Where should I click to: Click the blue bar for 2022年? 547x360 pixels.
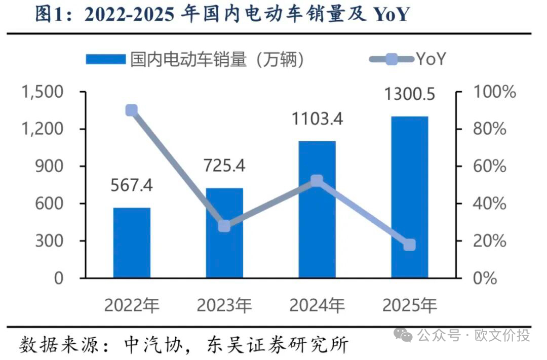pyautogui.click(x=132, y=243)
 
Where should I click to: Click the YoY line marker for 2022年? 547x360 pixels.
pyautogui.click(x=132, y=110)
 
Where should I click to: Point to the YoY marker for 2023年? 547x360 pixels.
pyautogui.click(x=224, y=226)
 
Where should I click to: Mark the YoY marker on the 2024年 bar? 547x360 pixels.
pyautogui.click(x=317, y=181)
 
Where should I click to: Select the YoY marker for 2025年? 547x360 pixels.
pyautogui.click(x=409, y=245)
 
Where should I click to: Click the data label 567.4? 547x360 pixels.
pyautogui.click(x=132, y=185)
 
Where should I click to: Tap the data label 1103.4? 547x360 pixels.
pyautogui.click(x=317, y=119)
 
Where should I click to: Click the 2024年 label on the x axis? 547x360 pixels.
pyautogui.click(x=317, y=305)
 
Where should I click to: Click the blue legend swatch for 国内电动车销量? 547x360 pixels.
pyautogui.click(x=105, y=60)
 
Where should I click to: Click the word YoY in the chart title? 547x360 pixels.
pyautogui.click(x=390, y=15)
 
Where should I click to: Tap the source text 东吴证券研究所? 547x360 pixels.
pyautogui.click(x=278, y=345)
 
